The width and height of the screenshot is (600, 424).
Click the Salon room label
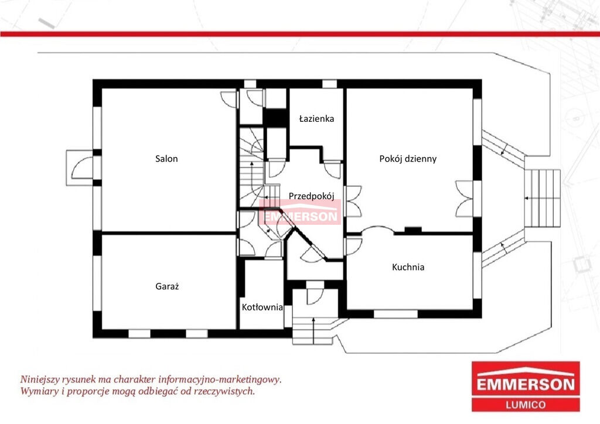(166, 159)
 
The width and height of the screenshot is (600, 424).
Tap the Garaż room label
(167, 286)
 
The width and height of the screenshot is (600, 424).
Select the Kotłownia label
(262, 307)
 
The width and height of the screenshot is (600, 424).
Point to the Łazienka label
(316, 118)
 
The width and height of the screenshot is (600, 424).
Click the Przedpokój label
(312, 196)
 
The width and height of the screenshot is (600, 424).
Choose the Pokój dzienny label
(408, 159)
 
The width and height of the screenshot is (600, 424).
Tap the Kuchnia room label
(408, 267)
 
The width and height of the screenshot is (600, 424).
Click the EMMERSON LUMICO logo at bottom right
(526, 387)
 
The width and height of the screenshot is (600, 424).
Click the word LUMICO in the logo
(526, 405)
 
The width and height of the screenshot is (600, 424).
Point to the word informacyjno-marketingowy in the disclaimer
(220, 379)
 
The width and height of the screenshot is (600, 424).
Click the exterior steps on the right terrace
(542, 198)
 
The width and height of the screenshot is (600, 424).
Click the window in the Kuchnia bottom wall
(396, 314)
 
